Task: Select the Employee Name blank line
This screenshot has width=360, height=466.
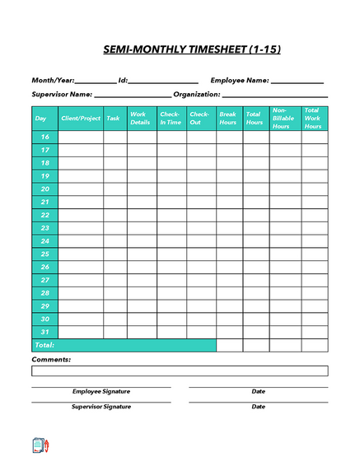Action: pyautogui.click(x=297, y=82)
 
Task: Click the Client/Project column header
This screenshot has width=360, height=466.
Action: pyautogui.click(x=81, y=119)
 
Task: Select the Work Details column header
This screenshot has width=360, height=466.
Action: pyautogui.click(x=141, y=119)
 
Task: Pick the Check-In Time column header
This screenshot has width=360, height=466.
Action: pyautogui.click(x=171, y=119)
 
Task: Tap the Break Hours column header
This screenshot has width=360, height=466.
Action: pyautogui.click(x=228, y=119)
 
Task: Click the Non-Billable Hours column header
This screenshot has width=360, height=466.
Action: pyautogui.click(x=283, y=119)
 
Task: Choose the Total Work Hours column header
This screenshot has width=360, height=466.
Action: pyautogui.click(x=313, y=119)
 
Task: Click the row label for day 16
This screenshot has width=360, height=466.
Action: pyautogui.click(x=44, y=137)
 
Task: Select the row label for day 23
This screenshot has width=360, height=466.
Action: pyautogui.click(x=44, y=228)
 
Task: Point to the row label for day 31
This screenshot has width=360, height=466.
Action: pyautogui.click(x=44, y=332)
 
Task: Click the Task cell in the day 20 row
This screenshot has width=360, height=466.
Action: pyautogui.click(x=115, y=189)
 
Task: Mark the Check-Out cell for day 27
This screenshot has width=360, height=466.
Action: pyautogui.click(x=200, y=280)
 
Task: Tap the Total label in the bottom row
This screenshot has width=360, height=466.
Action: pyautogui.click(x=44, y=345)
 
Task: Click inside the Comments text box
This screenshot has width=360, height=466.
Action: pyautogui.click(x=180, y=370)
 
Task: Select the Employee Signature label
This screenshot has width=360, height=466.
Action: pyautogui.click(x=101, y=392)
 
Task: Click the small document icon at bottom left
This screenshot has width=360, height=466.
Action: pyautogui.click(x=40, y=445)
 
